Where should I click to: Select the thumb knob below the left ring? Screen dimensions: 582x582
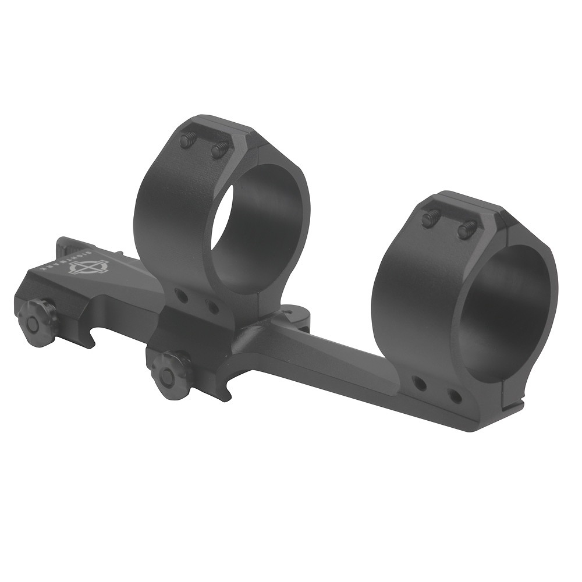(x=171, y=369)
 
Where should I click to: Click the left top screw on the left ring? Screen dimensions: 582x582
(x=189, y=140)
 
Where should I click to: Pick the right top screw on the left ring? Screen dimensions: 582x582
(x=218, y=150)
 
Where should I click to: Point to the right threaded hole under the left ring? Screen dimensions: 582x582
(x=213, y=306)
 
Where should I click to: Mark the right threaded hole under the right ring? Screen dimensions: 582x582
(x=455, y=397)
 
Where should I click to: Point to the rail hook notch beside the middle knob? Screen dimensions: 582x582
(x=224, y=390)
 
